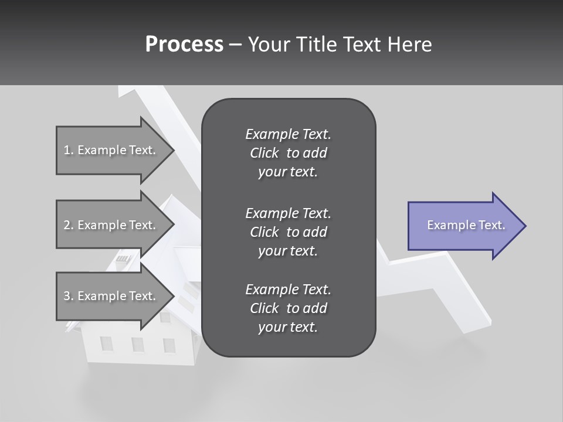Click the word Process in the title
click(184, 45)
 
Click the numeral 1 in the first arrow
click(67, 150)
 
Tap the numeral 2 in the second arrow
click(67, 225)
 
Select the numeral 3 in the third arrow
click(67, 296)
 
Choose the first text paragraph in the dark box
click(288, 153)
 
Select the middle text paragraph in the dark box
click(288, 232)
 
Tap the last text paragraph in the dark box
click(288, 308)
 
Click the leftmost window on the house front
click(106, 343)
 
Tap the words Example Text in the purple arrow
click(466, 225)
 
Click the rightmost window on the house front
click(169, 345)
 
